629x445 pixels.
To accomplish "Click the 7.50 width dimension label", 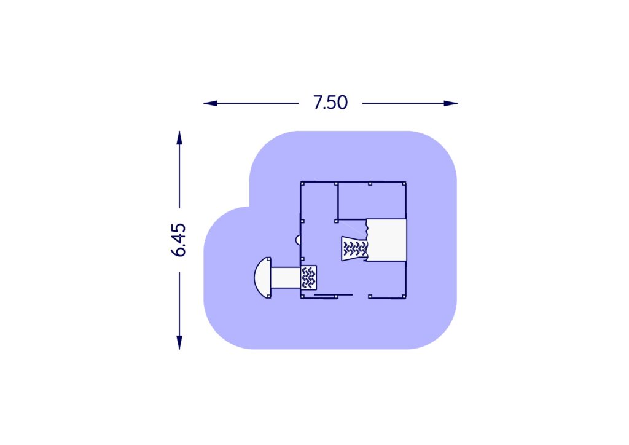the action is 330,103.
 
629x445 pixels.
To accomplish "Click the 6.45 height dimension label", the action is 179,240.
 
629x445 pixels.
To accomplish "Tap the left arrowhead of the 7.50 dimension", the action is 210,103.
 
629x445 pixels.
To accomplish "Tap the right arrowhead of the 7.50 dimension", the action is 450,103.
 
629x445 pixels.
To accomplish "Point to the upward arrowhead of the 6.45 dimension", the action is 179,138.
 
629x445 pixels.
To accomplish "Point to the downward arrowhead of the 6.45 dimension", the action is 179,342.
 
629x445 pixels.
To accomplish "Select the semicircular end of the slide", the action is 263,278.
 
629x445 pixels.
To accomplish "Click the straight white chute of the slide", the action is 286,278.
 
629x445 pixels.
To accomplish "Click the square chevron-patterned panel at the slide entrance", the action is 308,278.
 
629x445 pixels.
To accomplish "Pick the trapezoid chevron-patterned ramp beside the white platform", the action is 354,249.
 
